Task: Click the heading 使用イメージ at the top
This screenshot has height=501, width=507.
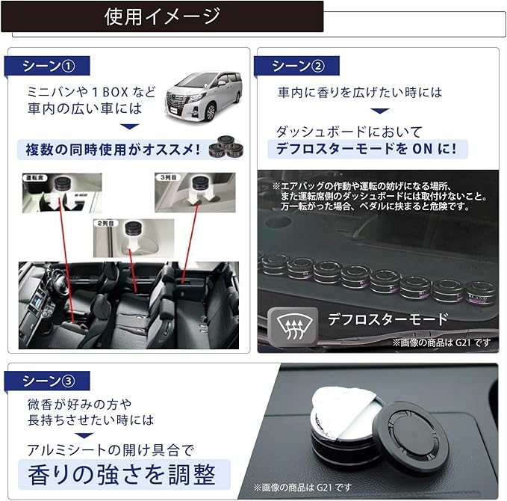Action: [x=162, y=16]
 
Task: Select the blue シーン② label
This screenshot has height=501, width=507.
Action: [x=297, y=67]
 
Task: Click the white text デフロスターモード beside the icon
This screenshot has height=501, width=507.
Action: [x=388, y=320]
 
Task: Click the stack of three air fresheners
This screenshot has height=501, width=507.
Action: [x=228, y=145]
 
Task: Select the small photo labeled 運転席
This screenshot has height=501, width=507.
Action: [x=62, y=193]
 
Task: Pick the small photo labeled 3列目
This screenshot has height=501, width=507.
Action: [x=194, y=193]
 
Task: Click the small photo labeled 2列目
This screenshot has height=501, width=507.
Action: [x=133, y=238]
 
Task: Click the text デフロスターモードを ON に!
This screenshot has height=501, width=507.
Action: [x=367, y=147]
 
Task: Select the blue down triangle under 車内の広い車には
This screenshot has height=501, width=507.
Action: [x=129, y=126]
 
